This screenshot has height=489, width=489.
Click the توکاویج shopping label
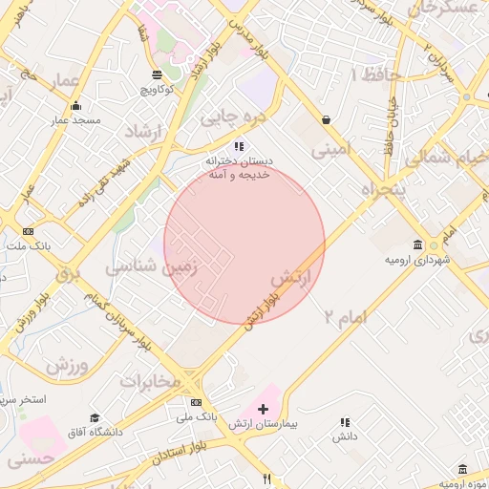pyautogui.click(x=158, y=90)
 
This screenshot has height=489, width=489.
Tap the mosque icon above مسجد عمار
pyautogui.click(x=76, y=106)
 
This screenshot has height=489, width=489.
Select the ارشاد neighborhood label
pyautogui.click(x=145, y=131)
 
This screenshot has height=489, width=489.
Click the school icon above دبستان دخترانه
pyautogui.click(x=239, y=146)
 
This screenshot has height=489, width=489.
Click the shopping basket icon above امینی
pyautogui.click(x=328, y=120)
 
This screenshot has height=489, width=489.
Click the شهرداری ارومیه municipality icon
pyautogui.click(x=417, y=243)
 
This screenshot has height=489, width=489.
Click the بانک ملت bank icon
pyautogui.click(x=28, y=231)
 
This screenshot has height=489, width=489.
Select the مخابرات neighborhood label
pyautogui.click(x=150, y=381)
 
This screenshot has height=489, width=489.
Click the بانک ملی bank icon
pyautogui.click(x=197, y=402)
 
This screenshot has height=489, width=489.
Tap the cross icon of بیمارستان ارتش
pyautogui.click(x=264, y=408)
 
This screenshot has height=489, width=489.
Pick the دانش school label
pyautogui.click(x=344, y=436)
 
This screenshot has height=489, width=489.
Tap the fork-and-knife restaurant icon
pyautogui.click(x=267, y=479)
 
